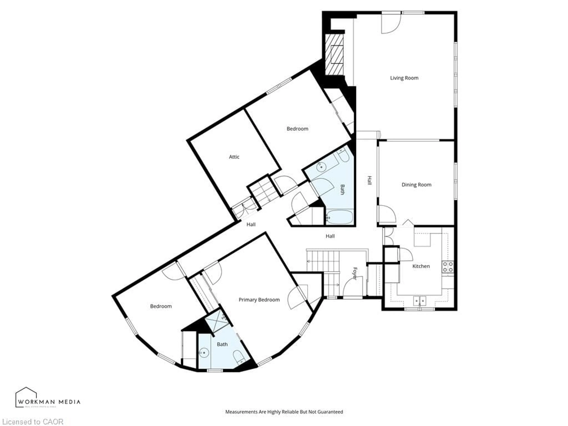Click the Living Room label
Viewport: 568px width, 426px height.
[404, 78]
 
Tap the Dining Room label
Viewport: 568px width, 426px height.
[416, 185]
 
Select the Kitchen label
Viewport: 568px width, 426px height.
[421, 266]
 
